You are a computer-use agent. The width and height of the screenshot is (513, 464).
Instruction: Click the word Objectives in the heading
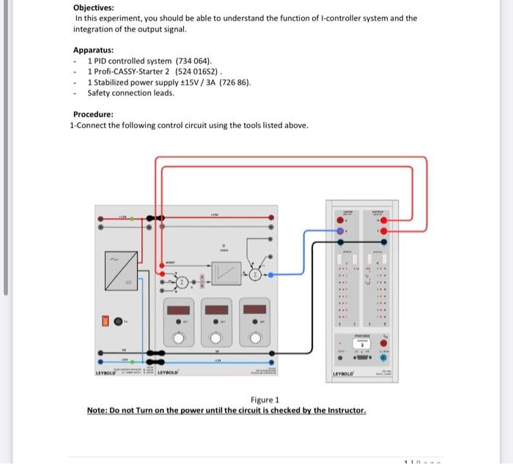point(93,7)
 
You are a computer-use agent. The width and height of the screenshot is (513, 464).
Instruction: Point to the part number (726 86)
point(235,82)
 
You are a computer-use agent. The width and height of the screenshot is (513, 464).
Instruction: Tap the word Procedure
point(93,114)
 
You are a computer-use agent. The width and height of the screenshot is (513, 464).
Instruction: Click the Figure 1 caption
point(265,400)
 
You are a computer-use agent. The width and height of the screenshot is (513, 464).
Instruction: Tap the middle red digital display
point(218,309)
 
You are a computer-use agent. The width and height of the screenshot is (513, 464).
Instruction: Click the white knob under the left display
point(179,337)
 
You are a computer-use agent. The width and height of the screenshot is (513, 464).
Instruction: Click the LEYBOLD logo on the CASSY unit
point(344,374)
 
